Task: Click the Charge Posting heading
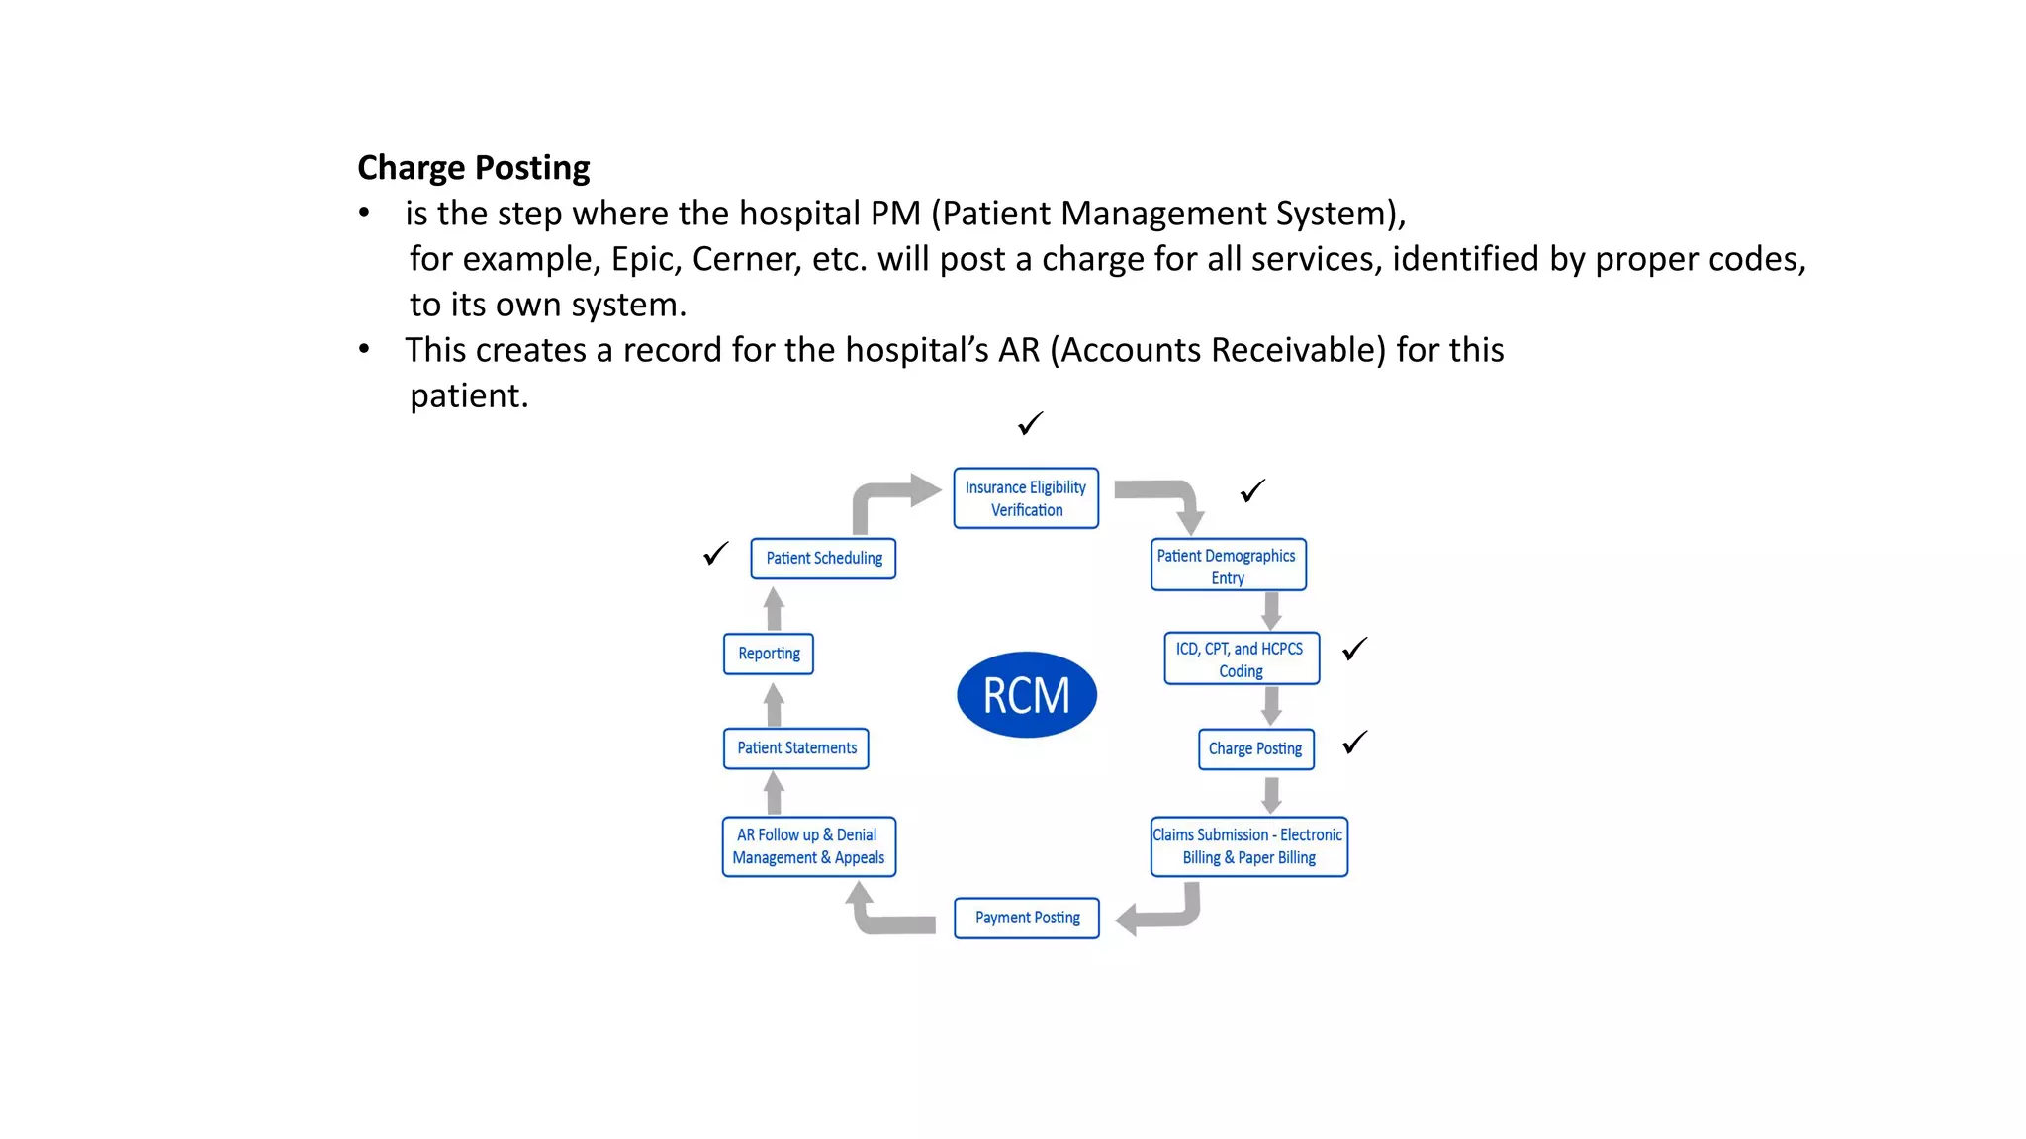(x=473, y=168)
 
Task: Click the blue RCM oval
(x=1026, y=695)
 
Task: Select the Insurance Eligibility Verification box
(x=1026, y=498)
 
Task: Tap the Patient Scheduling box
(x=823, y=559)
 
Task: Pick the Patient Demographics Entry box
(x=1228, y=566)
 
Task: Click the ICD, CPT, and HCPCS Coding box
(x=1241, y=659)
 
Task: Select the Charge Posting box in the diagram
(x=1255, y=749)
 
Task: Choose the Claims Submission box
(x=1248, y=846)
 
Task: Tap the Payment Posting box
(x=1027, y=918)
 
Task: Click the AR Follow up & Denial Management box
(x=808, y=846)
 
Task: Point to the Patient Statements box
(x=796, y=748)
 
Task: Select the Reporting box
(x=769, y=654)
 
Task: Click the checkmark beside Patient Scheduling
(x=715, y=554)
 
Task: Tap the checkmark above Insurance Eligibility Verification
(x=1030, y=424)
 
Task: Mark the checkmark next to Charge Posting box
(x=1354, y=743)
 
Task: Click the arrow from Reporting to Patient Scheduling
(x=775, y=609)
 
